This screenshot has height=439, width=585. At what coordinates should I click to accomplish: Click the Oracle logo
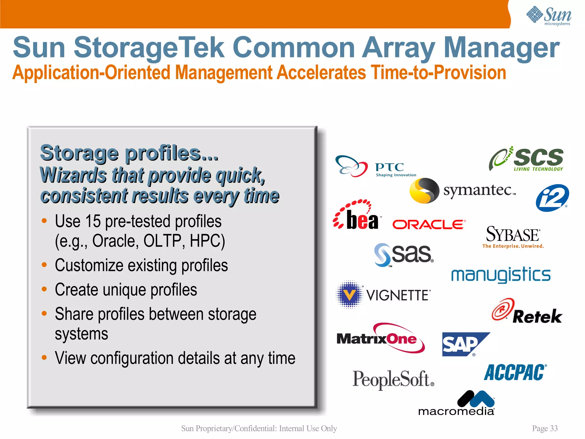click(429, 224)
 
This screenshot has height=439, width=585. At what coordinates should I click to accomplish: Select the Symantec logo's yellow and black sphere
click(424, 191)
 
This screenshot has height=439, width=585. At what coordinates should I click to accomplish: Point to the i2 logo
click(552, 198)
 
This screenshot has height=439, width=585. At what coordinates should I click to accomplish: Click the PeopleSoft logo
click(393, 379)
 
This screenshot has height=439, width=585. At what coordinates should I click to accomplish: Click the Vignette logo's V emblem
click(349, 295)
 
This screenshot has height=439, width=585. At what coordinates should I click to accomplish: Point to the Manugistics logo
click(501, 275)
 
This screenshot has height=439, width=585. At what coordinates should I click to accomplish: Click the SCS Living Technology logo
click(526, 159)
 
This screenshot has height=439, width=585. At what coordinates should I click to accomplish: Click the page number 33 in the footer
click(554, 428)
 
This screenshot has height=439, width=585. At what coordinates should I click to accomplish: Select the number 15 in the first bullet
click(93, 221)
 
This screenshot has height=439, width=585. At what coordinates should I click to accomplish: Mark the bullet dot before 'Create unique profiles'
click(44, 289)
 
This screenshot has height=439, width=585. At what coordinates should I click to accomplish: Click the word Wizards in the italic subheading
click(73, 175)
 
